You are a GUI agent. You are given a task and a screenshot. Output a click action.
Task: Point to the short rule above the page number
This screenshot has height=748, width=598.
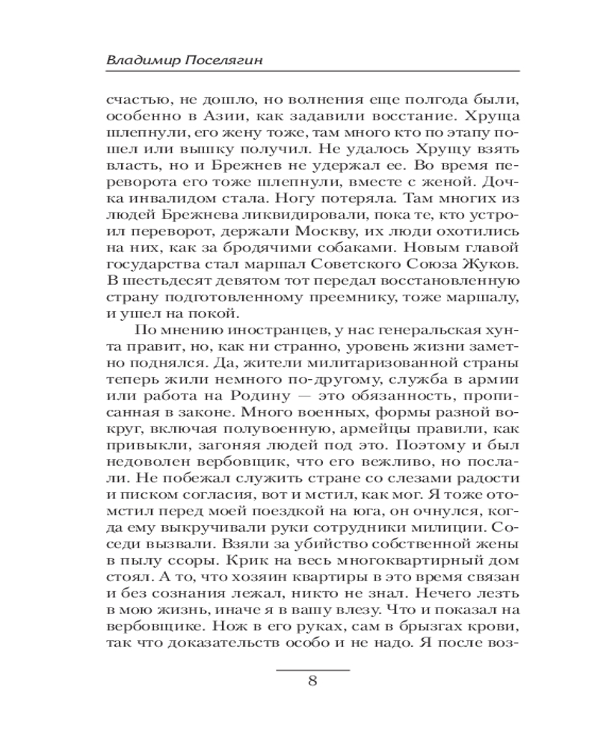tap(313, 667)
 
